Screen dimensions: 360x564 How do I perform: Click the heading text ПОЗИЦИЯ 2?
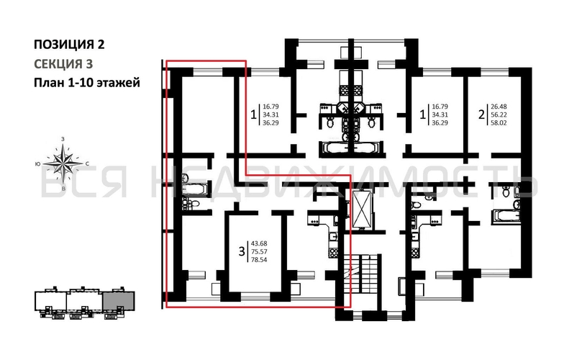[x=70, y=44]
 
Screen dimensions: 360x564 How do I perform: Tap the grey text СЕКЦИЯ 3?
[x=64, y=63]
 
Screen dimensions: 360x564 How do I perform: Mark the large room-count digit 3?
[x=242, y=253]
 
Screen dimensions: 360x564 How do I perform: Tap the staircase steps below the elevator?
[x=367, y=274]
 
